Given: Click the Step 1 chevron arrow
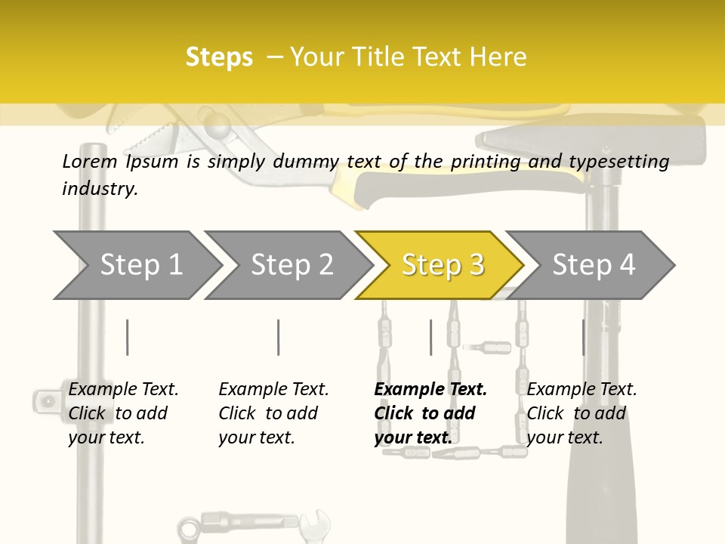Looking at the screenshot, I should point(136,265).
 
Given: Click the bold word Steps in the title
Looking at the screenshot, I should point(219,57).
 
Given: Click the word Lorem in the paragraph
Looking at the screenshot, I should point(90,161).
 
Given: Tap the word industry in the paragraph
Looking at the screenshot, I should point(99,188).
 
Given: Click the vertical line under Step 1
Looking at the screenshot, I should point(127,337).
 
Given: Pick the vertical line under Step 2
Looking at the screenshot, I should point(278,337).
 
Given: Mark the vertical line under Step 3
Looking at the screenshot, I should point(430,337).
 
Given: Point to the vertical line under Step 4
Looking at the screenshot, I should point(583,337).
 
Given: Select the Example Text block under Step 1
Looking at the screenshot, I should point(123,413).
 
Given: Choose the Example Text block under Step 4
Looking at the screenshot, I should point(582,413).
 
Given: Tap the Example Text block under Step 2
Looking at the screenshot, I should point(273,413).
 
